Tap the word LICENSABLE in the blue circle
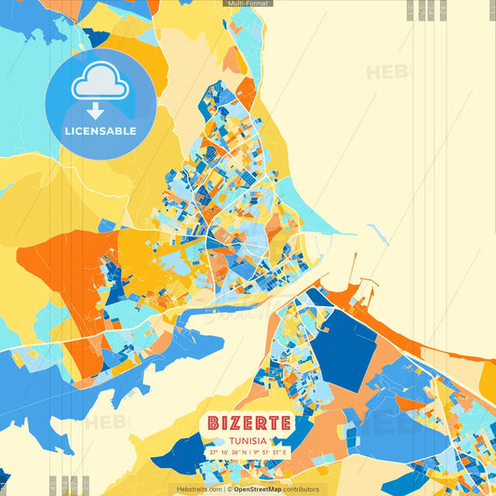(101, 131)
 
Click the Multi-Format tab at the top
(248, 4)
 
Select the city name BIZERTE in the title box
(248, 422)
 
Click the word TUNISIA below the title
(248, 440)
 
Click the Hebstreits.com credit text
(197, 489)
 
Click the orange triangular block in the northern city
(246, 93)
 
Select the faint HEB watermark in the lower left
(107, 423)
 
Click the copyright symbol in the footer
(229, 489)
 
